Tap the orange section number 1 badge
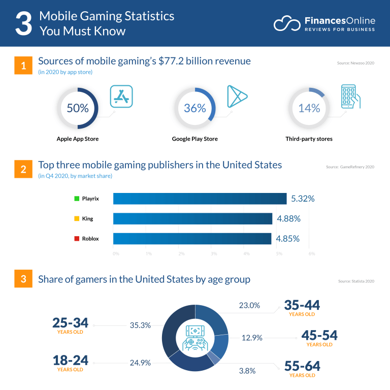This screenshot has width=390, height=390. [22, 66]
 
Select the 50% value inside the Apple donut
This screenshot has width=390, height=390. [78, 108]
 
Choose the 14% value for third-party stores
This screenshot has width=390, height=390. [309, 108]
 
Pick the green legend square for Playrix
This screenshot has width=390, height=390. [76, 199]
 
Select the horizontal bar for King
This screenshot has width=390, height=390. [192, 218]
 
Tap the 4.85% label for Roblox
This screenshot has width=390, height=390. [288, 238]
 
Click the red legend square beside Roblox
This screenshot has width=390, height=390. [76, 238]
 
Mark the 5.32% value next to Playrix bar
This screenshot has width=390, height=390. [302, 199]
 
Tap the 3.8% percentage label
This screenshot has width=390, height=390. [248, 371]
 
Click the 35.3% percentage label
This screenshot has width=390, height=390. [140, 325]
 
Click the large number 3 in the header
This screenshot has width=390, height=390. [23, 24]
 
